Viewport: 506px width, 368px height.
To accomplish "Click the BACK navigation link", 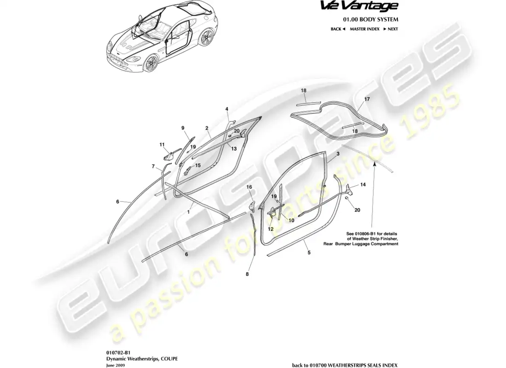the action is point(338,29).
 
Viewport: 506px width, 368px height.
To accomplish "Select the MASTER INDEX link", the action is point(365,29).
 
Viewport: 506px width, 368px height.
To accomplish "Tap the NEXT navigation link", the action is point(391,29).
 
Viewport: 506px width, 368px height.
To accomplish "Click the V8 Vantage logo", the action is point(359,6).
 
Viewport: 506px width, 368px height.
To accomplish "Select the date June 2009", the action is point(115,365).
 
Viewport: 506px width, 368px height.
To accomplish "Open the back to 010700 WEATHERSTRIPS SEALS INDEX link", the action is point(345,365).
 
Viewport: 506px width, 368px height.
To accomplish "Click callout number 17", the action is point(367,99).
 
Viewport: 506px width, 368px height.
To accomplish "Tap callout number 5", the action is point(309,253).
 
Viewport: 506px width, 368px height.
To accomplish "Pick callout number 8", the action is point(247,274).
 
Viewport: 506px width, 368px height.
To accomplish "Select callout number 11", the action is point(162,144).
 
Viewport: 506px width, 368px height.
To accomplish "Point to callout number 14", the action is point(363,184).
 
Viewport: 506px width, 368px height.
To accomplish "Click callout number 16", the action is point(249,187).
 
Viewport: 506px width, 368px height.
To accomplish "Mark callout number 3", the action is point(338,154).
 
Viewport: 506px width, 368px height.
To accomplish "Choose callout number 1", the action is point(189,212).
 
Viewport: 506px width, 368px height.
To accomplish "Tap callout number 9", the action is point(183,128).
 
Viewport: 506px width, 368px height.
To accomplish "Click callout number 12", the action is point(270,229).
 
